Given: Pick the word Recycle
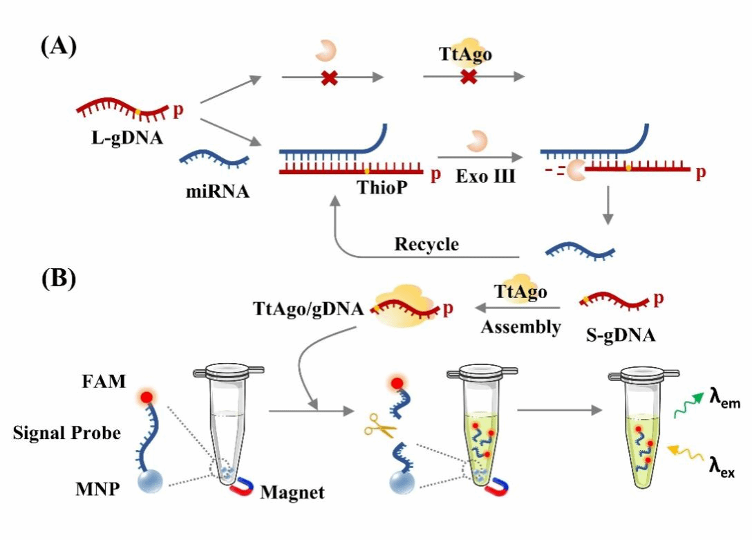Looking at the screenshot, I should tap(426, 245).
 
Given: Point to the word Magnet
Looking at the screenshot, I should tap(292, 493).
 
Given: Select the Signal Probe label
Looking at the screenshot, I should tap(67, 434).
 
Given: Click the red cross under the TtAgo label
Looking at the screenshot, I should tap(469, 77).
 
